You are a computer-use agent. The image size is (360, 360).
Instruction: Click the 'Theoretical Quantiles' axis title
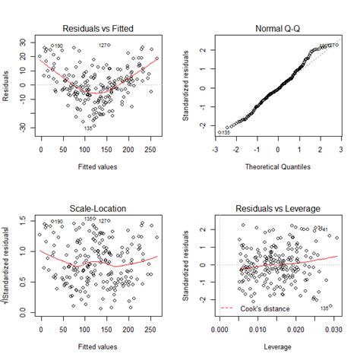277,167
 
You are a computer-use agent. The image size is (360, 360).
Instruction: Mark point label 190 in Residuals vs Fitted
58,46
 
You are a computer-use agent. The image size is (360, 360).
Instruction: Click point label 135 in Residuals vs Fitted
89,128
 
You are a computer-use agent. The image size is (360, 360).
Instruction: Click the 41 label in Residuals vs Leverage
324,229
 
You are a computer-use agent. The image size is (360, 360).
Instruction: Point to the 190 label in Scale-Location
58,223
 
